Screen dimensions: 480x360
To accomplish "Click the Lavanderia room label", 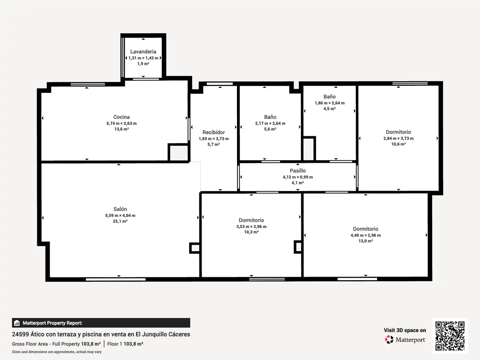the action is [143, 52].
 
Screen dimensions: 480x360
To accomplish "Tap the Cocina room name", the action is [121, 117].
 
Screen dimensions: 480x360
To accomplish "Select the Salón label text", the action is [120, 209].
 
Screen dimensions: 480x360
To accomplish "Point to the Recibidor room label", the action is [214, 132].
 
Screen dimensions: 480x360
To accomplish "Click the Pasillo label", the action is [298, 171].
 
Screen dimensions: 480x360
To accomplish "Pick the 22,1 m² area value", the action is [120, 221].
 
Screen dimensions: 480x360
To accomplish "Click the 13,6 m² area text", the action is [121, 129].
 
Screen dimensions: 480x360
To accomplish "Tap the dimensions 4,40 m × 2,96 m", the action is [366, 235].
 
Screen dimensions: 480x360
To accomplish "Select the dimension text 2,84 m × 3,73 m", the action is [398, 138].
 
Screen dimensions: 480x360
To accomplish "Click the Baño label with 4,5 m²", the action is [330, 97].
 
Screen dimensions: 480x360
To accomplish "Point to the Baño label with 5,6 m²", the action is [270, 117].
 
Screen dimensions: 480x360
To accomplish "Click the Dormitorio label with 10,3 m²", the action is [251, 220].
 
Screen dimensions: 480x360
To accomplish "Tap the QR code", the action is [450, 336].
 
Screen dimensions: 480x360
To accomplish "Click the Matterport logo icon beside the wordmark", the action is [389, 339].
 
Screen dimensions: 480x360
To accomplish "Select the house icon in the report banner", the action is [17, 323].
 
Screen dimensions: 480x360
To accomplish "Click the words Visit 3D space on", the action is [405, 330].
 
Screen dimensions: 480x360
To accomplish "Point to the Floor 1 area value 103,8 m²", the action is [133, 344].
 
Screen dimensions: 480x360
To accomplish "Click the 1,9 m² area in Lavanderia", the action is [143, 64].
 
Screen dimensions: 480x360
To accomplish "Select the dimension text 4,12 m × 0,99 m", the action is [298, 177].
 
